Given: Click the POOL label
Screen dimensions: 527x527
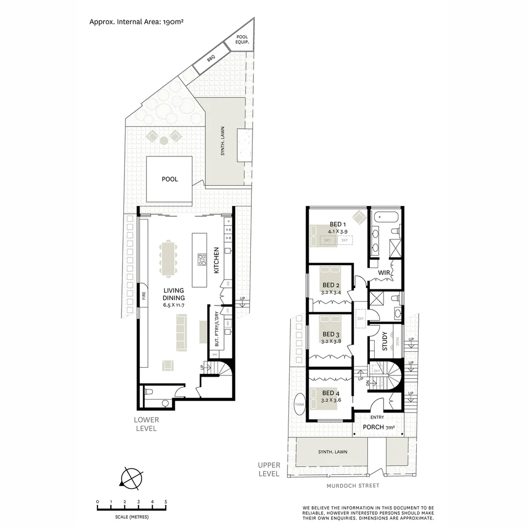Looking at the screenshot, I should (x=170, y=179).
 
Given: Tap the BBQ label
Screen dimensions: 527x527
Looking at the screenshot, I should (x=211, y=58).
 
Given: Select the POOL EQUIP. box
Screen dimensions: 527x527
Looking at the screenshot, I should (x=242, y=40).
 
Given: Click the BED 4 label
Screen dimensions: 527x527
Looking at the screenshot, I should (x=330, y=393).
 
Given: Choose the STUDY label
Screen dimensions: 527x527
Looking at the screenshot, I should (x=385, y=341).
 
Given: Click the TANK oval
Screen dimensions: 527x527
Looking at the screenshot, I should (x=299, y=404).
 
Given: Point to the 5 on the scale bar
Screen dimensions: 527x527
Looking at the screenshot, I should (x=166, y=502).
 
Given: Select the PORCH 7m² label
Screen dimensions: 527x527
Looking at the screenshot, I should (x=379, y=427).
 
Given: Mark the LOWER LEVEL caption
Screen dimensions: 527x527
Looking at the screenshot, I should (x=146, y=424).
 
